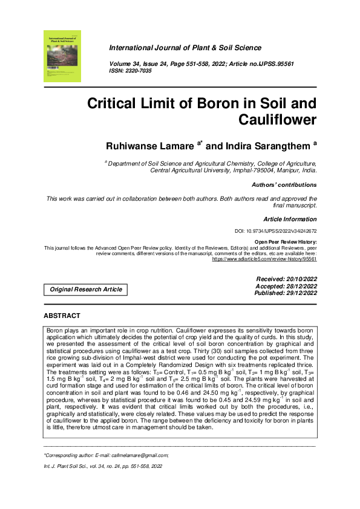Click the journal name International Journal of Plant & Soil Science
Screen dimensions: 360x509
click(185, 48)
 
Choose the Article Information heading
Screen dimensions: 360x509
click(290, 218)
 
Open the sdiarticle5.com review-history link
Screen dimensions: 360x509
click(265, 259)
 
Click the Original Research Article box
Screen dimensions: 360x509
click(86, 290)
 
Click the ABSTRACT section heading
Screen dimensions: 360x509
click(62, 316)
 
